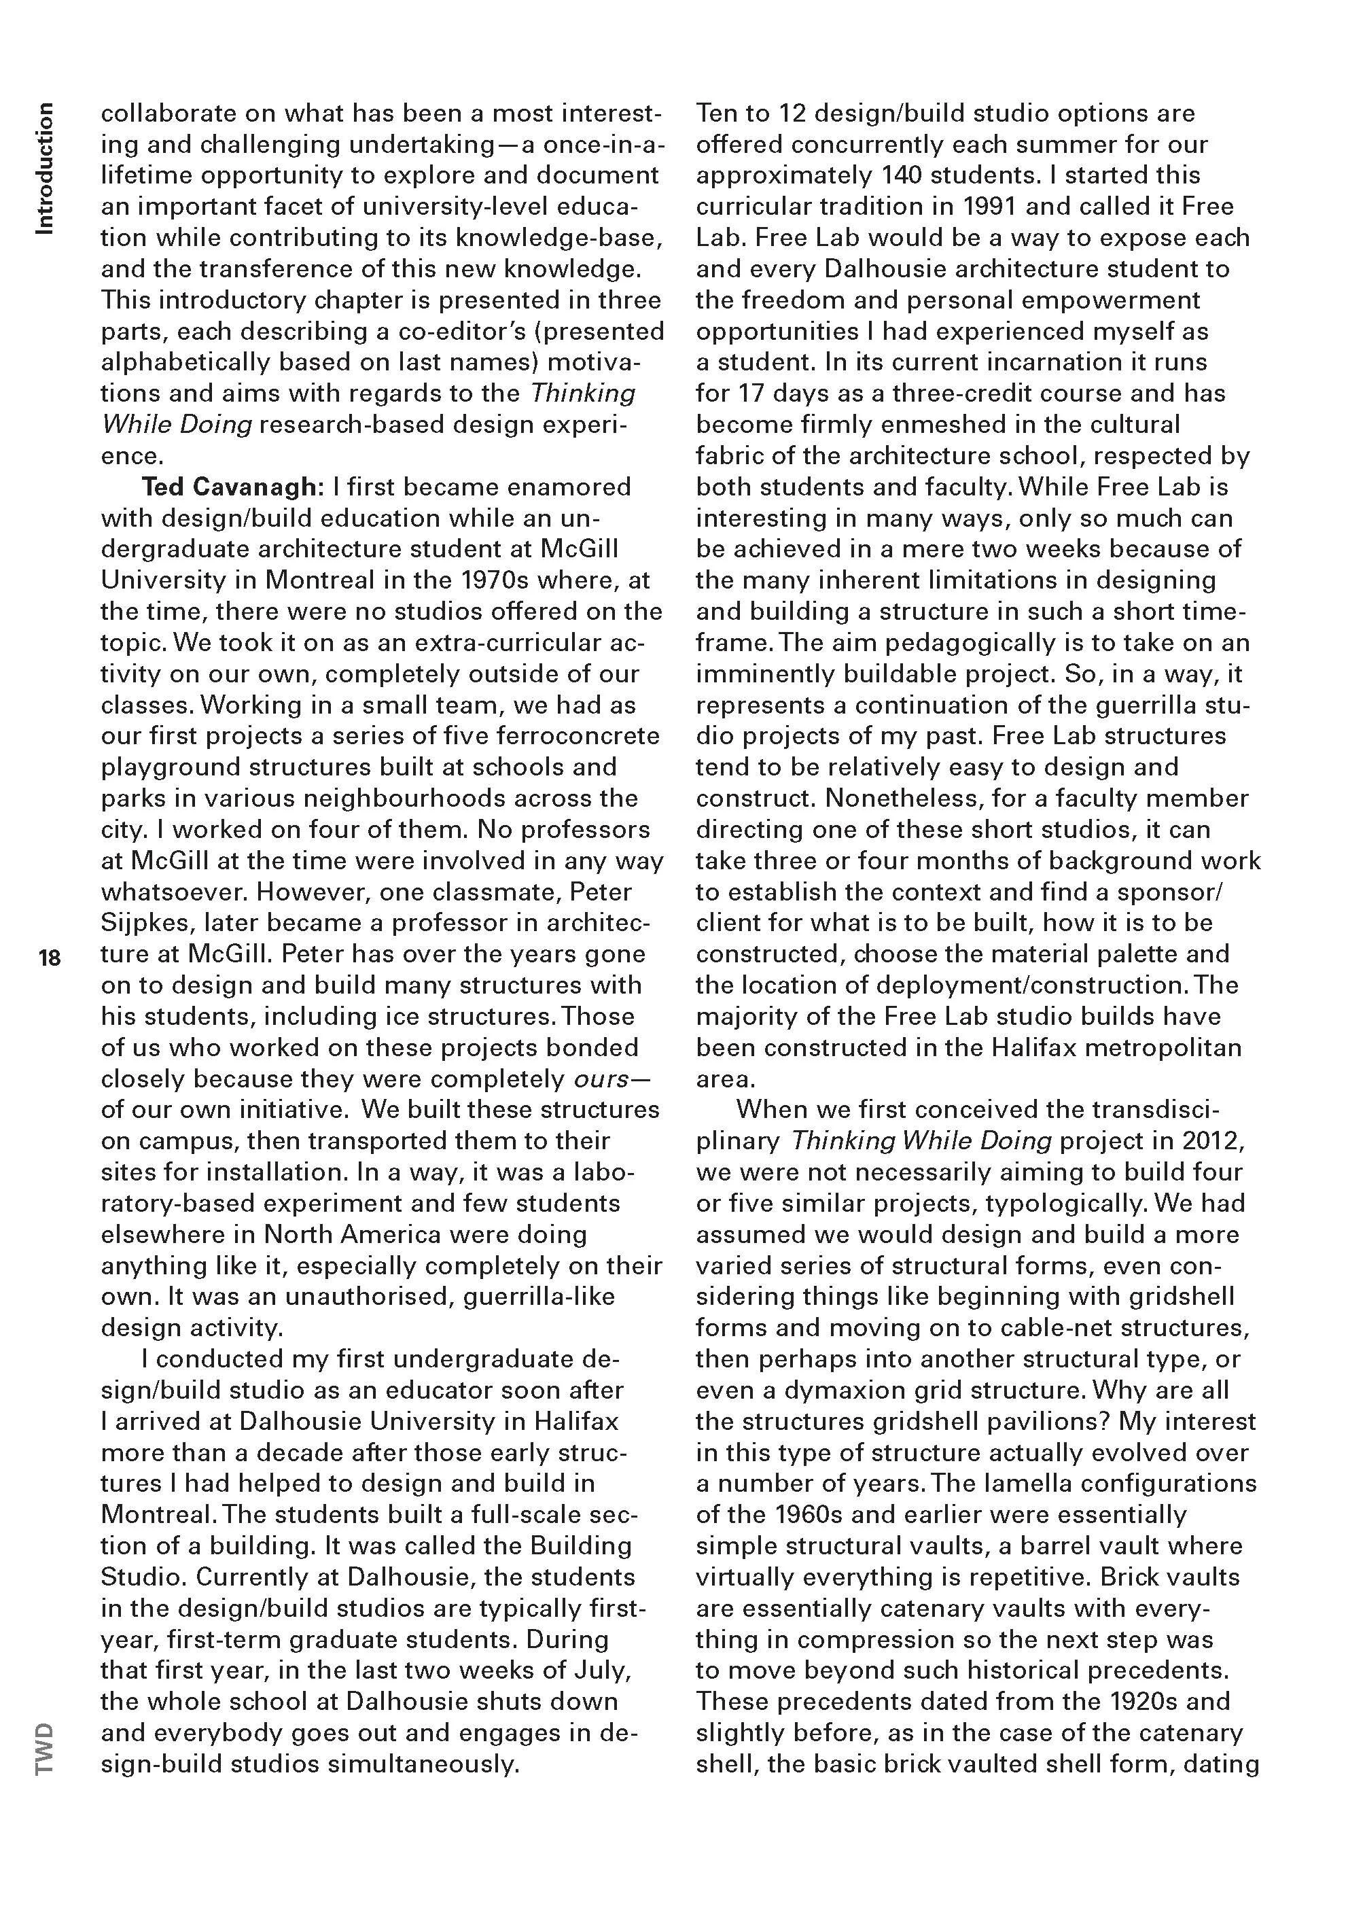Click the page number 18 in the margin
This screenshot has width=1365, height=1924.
pos(50,958)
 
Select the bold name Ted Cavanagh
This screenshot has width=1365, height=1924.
pos(234,487)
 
